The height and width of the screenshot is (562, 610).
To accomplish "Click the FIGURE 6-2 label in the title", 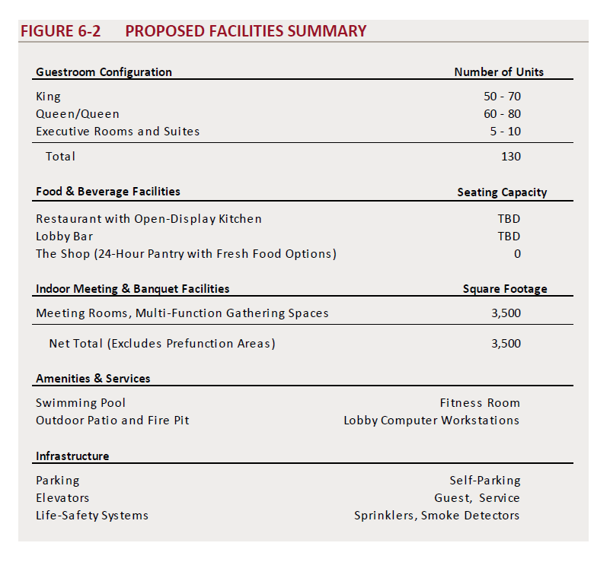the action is pos(60,31).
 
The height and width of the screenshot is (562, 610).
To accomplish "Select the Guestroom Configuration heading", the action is pos(104,72).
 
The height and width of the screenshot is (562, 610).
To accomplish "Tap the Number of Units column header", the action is pos(499,72).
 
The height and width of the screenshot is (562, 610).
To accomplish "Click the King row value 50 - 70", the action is pos(502,97).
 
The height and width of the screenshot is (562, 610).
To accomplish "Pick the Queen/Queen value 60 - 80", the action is pos(502,114).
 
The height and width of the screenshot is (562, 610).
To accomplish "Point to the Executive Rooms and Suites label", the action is pos(117,132).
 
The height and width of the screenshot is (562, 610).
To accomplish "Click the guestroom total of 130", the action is pos(511,157).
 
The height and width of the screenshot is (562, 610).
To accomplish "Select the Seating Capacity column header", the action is pos(502,192).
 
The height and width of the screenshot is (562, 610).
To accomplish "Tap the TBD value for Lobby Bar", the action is pos(509,237).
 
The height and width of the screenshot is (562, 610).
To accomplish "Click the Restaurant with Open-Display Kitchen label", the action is pos(149,219).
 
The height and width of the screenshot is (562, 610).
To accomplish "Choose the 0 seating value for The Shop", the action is pos(517,253).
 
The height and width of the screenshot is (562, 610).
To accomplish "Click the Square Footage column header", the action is pos(505,289).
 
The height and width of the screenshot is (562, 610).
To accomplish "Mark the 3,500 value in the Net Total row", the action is pos(506,343).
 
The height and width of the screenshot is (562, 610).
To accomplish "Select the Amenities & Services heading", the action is pos(93,379).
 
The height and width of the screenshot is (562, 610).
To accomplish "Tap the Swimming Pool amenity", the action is pos(81,403).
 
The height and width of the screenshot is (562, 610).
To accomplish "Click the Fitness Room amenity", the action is pos(480,403).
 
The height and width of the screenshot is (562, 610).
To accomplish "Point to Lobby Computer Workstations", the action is pos(432,421).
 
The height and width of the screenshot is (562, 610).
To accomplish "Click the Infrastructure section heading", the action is pos(72,456).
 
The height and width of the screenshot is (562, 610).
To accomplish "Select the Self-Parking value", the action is pos(485,481).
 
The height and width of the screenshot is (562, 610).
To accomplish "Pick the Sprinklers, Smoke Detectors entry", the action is pos(437,516).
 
